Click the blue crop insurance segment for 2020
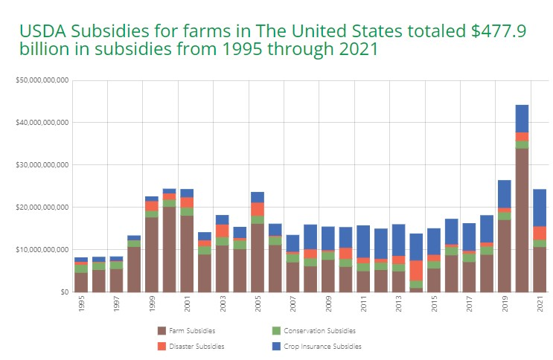click(x=522, y=118)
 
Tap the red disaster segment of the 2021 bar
click(x=540, y=233)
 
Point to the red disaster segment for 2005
click(x=258, y=209)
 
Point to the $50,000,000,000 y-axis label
click(x=42, y=80)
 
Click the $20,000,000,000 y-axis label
click(x=42, y=207)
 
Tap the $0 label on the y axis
click(x=64, y=292)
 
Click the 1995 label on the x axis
click(x=81, y=305)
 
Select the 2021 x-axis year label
click(x=540, y=305)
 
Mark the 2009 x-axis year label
click(x=328, y=305)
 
